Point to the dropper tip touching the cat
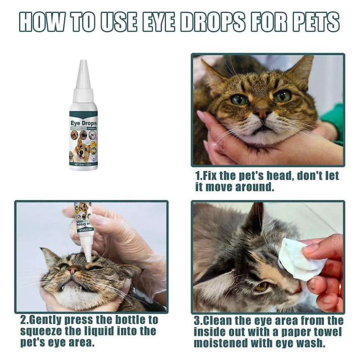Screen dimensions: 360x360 point(89,257)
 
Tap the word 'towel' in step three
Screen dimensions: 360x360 point(322,332)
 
